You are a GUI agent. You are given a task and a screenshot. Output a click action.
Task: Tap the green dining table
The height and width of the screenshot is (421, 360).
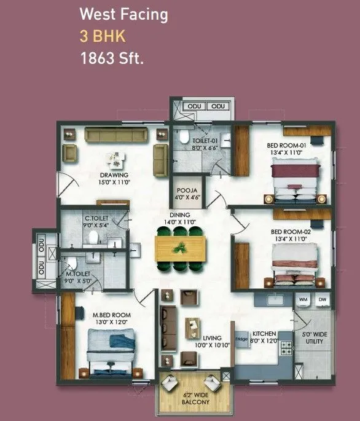pyautogui.click(x=180, y=248)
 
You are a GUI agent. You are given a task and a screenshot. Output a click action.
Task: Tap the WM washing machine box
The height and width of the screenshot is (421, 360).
pyautogui.click(x=302, y=299)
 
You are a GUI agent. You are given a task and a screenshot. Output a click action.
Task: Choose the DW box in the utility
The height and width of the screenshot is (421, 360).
pyautogui.click(x=322, y=299)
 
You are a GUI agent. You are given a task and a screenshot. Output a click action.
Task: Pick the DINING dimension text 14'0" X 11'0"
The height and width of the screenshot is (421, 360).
pyautogui.click(x=180, y=222)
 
